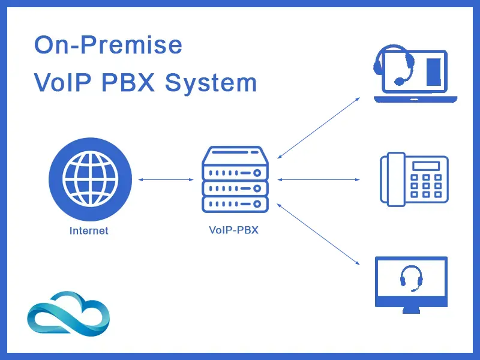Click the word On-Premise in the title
(108, 46)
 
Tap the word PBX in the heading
(127, 82)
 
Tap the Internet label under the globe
(89, 230)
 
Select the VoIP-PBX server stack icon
(234, 179)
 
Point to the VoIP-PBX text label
(233, 229)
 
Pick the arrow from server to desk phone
(319, 179)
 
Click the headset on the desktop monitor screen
(411, 278)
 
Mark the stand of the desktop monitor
(411, 310)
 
